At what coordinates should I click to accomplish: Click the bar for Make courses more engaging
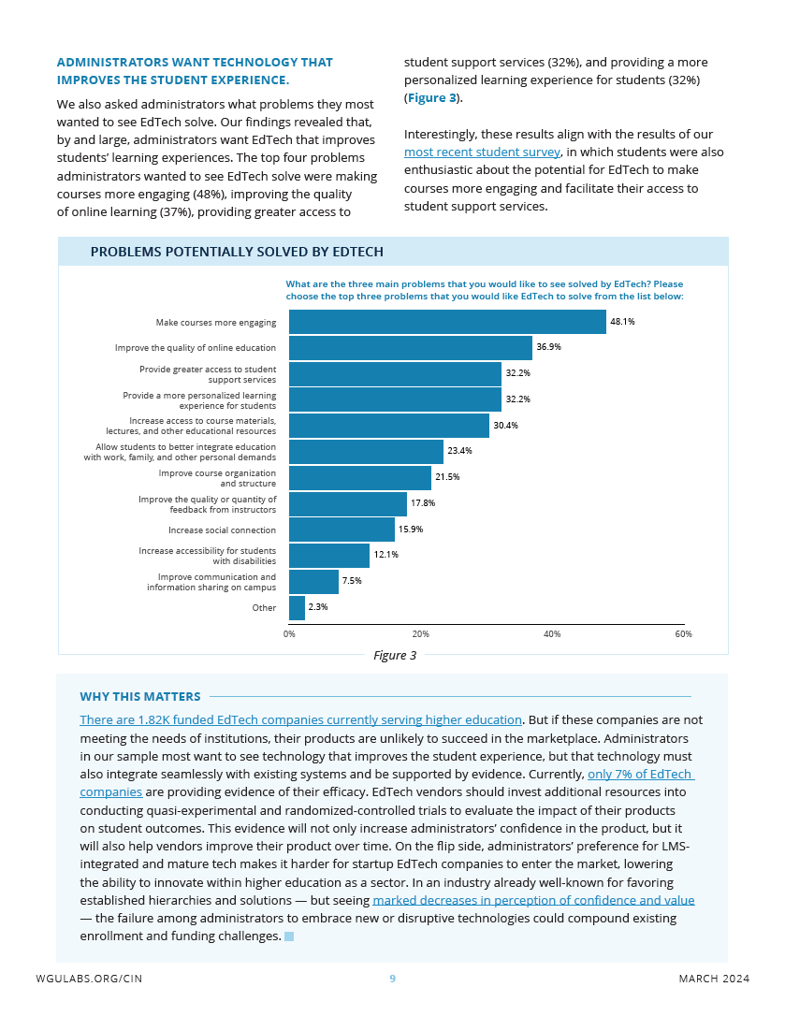447,322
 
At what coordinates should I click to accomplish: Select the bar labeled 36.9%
411,348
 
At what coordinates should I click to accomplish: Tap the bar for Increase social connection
342,530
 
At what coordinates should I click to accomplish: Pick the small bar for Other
297,608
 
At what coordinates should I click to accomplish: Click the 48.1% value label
622,322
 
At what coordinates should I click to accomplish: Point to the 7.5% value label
352,581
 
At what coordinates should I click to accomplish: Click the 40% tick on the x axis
552,633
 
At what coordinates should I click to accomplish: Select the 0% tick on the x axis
289,633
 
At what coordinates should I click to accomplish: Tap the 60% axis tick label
683,633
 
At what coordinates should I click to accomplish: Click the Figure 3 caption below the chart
395,655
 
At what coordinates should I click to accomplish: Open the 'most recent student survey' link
482,152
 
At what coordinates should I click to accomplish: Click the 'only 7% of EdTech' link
641,775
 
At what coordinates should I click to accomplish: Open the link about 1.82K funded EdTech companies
300,719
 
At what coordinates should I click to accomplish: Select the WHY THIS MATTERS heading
140,697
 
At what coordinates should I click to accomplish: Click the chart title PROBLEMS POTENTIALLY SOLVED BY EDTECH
237,252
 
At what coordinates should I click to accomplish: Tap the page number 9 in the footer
392,979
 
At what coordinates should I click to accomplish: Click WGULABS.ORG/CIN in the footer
90,979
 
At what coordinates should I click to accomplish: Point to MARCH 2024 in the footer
714,979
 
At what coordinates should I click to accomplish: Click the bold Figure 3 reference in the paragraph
431,98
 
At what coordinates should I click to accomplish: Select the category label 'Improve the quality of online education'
196,348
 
